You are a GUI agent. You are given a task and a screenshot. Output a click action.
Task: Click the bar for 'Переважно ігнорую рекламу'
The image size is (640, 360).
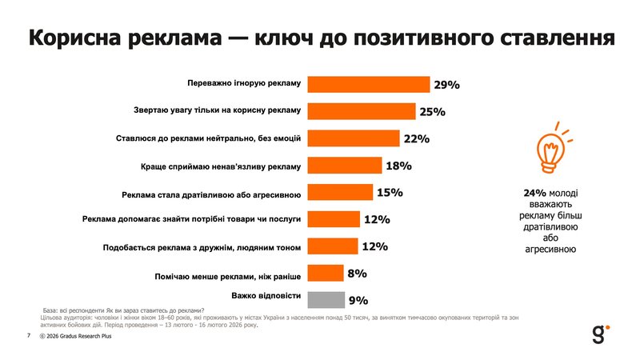point(369,84)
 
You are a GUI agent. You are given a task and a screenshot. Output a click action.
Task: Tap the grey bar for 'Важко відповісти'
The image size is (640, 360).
point(326,300)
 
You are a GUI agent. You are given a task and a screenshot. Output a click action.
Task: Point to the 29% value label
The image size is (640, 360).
point(446,85)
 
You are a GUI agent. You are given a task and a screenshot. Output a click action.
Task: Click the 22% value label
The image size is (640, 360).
point(417,138)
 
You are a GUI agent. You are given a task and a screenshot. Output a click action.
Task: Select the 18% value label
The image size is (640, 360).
point(398,166)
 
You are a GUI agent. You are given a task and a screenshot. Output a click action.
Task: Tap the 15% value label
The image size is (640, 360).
point(390,193)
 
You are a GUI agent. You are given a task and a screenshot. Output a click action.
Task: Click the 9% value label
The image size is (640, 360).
point(358,301)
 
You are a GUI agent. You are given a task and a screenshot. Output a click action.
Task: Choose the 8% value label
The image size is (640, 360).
point(357,274)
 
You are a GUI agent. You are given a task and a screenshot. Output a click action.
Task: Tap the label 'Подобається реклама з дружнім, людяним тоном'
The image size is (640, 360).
point(202,246)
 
